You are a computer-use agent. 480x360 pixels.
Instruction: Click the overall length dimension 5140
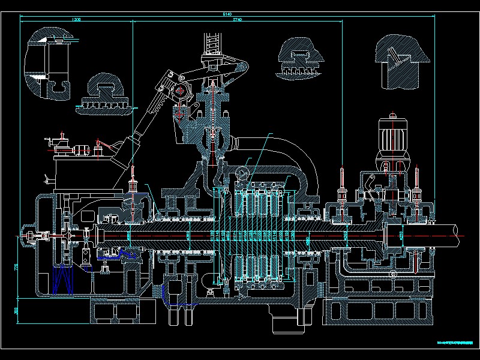pyautogui.click(x=227, y=13)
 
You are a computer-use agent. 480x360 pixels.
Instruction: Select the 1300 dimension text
pyautogui.click(x=76, y=20)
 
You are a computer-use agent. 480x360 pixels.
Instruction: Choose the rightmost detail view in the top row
pyautogui.click(x=401, y=60)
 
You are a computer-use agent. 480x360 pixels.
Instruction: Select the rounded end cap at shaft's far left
pyautogui.click(x=27, y=236)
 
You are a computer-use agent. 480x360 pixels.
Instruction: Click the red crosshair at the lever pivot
pyautogui.click(x=181, y=92)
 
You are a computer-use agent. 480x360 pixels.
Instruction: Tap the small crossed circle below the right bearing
pyautogui.click(x=394, y=274)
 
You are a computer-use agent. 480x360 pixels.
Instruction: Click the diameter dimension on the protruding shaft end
pyautogui.click(x=401, y=235)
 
